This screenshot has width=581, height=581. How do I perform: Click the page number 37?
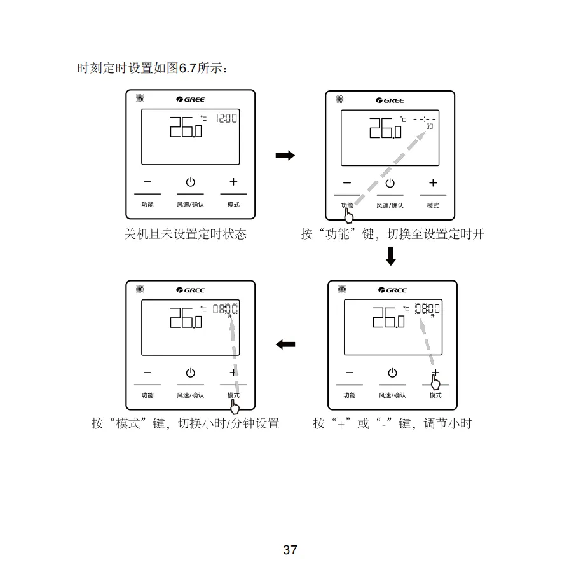tap(290, 550)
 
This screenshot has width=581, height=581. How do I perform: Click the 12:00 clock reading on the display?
tap(226, 118)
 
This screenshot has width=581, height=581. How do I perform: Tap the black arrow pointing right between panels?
tap(285, 156)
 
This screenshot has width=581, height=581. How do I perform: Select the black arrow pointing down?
tap(390, 256)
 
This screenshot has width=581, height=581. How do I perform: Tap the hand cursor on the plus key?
tap(435, 382)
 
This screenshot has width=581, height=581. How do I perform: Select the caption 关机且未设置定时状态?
tap(185, 234)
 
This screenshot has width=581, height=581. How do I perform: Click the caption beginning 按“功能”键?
tap(392, 234)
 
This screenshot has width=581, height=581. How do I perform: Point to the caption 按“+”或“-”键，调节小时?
tap(392, 423)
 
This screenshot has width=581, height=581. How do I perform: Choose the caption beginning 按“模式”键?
tap(185, 423)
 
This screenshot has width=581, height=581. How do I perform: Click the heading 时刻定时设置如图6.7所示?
tap(152, 68)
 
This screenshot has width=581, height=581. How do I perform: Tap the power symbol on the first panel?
tap(190, 182)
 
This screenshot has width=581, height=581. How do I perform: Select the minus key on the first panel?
tap(147, 182)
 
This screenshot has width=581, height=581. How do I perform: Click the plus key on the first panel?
tap(233, 182)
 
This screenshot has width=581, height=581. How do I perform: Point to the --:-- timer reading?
tap(425, 119)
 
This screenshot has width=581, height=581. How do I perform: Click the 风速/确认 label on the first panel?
tap(190, 205)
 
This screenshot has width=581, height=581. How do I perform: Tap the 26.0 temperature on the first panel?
tap(185, 126)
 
